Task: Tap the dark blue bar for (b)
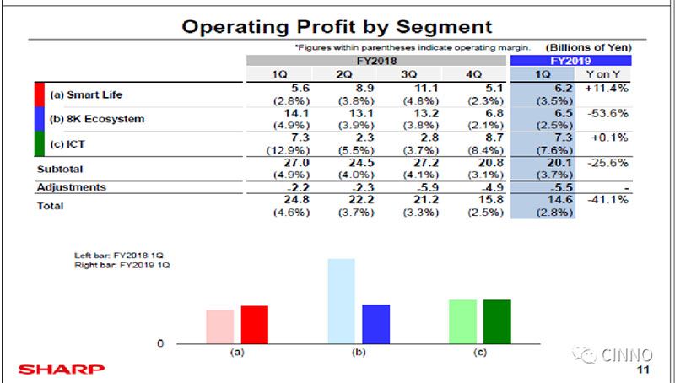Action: [375, 324]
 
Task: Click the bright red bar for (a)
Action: [254, 325]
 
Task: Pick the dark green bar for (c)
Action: [497, 321]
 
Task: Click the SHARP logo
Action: [62, 369]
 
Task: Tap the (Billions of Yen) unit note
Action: [588, 48]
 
